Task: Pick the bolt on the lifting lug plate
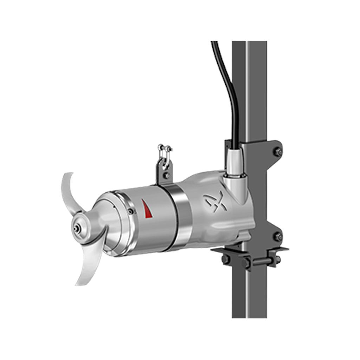166,174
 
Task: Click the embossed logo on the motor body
216,201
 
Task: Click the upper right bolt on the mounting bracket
278,152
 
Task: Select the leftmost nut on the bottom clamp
225,259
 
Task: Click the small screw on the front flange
131,211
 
